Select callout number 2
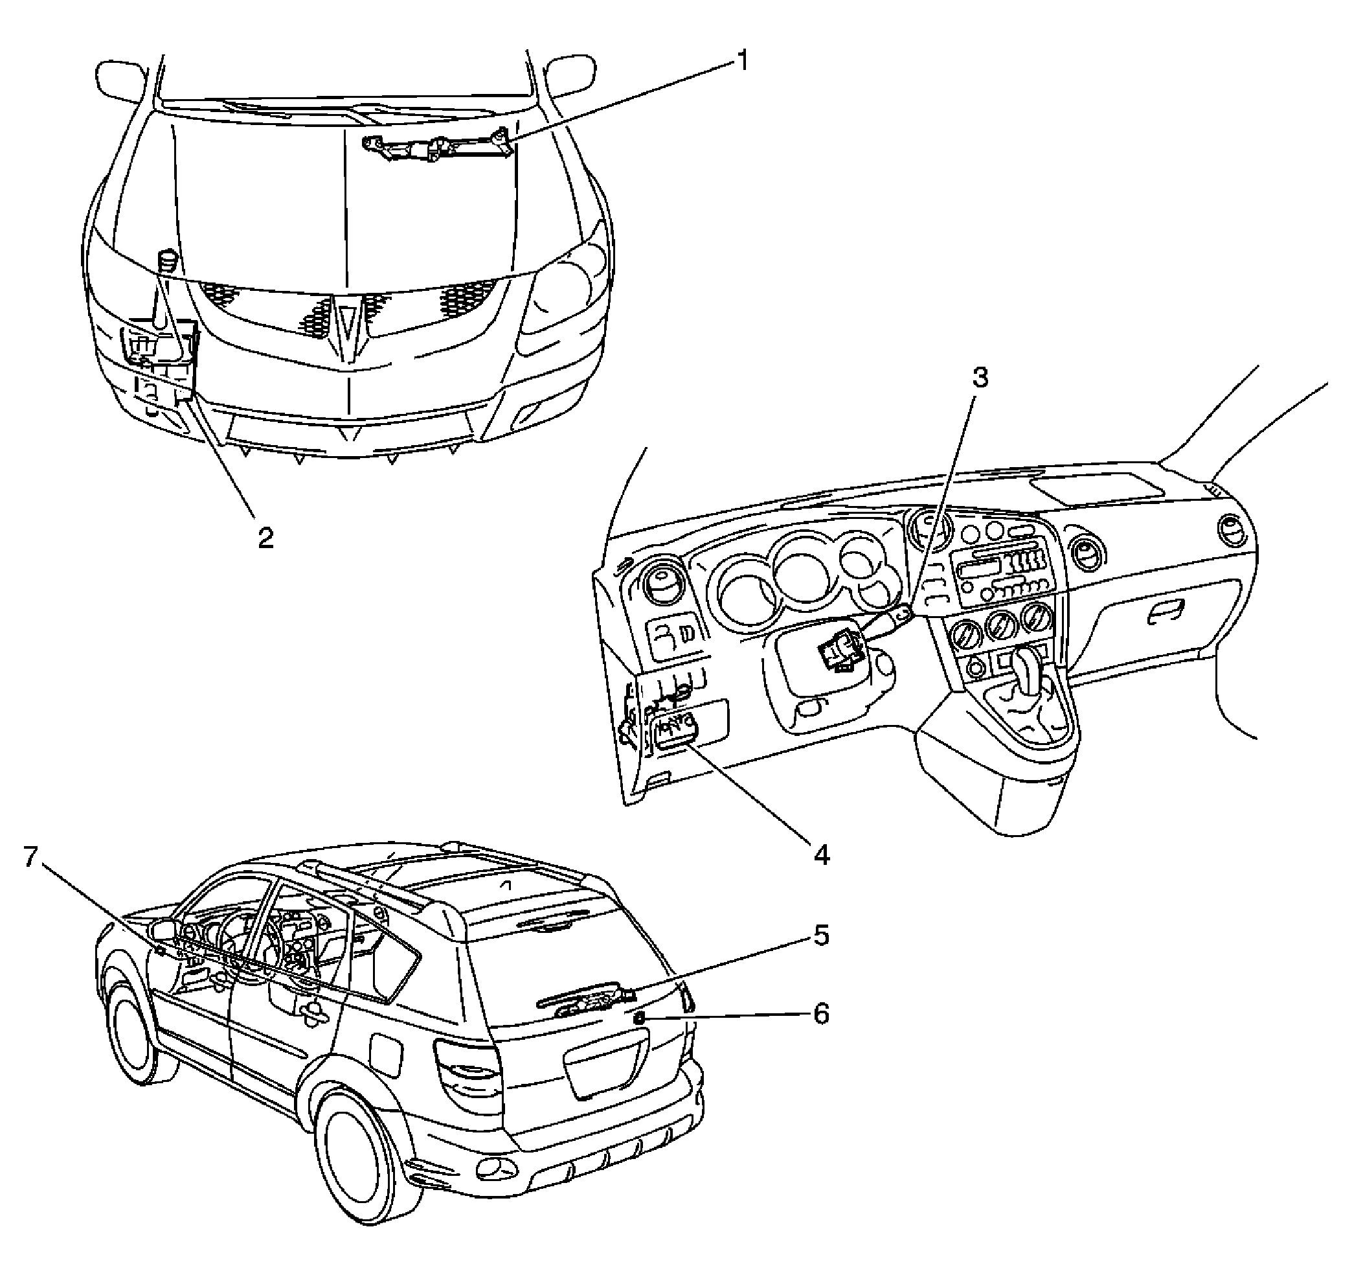265,538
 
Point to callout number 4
822,855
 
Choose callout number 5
822,936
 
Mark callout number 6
822,1015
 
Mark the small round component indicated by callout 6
640,1018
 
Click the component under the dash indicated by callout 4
673,732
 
